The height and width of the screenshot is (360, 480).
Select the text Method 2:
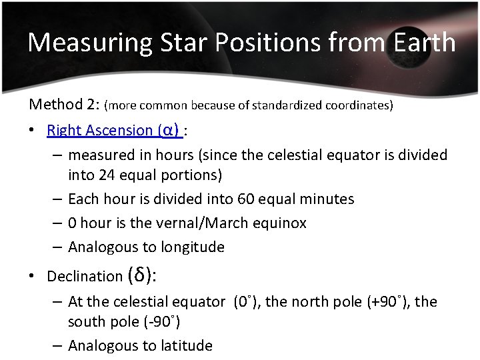63,105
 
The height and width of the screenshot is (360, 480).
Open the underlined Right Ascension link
100,130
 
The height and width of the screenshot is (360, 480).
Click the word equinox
278,223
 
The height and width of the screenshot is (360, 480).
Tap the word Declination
85,276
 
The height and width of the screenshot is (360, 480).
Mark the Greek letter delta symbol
139,274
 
